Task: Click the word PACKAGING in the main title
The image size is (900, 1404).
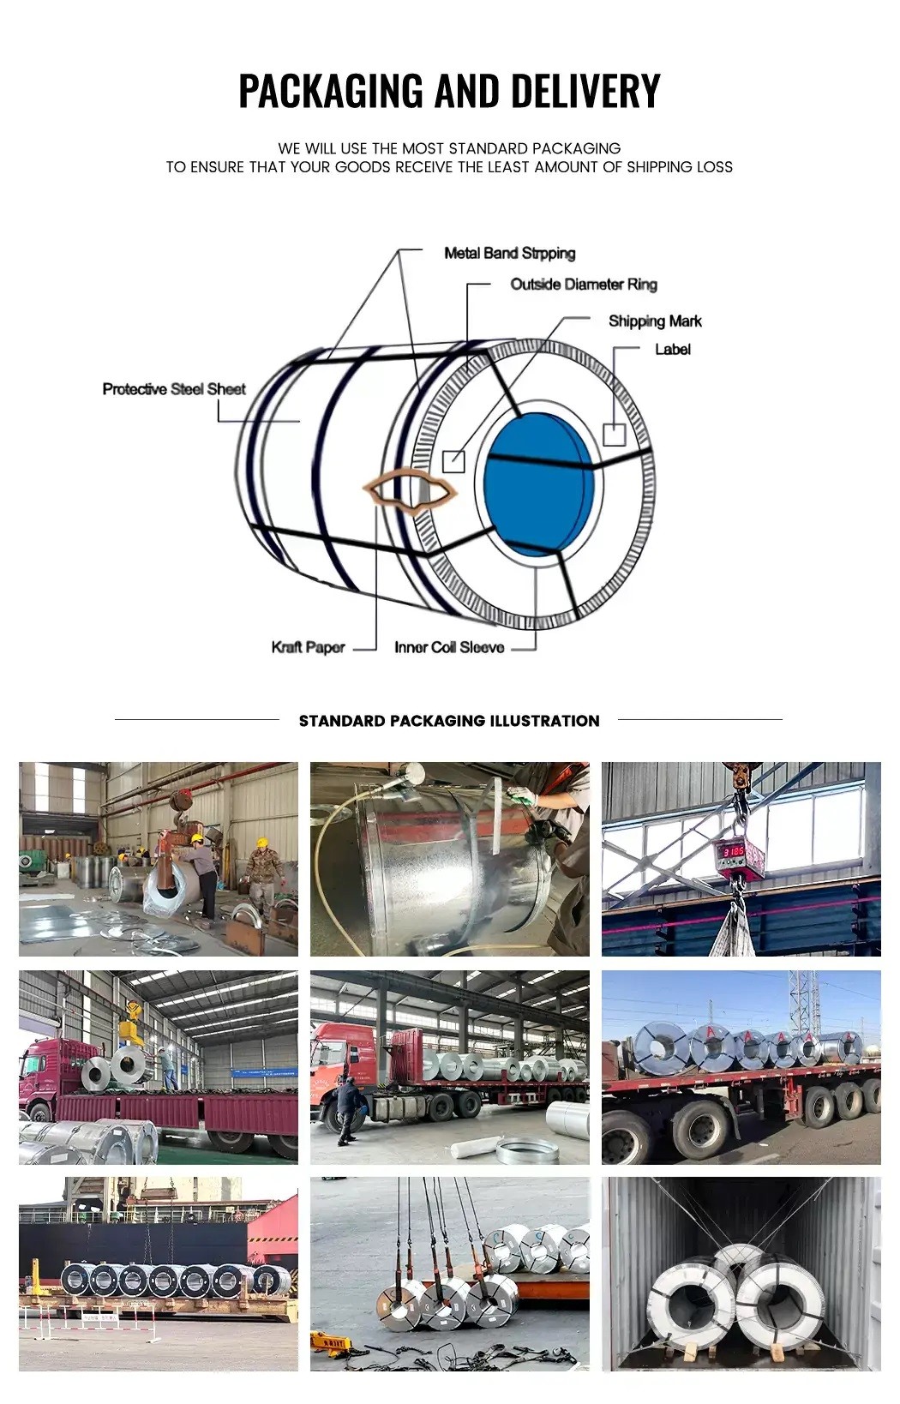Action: click(331, 91)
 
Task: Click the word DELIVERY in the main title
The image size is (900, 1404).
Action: click(585, 91)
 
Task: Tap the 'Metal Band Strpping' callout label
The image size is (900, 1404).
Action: click(509, 253)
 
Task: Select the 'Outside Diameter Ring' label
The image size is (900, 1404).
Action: click(583, 284)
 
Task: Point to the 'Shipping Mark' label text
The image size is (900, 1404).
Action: click(655, 321)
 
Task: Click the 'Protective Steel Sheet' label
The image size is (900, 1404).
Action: click(174, 389)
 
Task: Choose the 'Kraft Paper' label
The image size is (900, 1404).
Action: click(308, 647)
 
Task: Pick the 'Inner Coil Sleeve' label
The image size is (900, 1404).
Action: click(449, 647)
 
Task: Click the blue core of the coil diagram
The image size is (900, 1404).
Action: click(538, 483)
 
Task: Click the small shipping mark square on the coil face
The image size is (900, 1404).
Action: click(453, 461)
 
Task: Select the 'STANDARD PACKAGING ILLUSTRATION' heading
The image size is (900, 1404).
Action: click(449, 721)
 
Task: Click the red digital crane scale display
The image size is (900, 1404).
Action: click(733, 852)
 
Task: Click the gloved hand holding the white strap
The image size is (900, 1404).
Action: click(522, 797)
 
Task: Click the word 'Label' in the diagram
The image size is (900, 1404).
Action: click(672, 349)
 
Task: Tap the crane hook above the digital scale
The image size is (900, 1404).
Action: click(738, 782)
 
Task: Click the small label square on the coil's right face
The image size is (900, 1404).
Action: click(614, 435)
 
